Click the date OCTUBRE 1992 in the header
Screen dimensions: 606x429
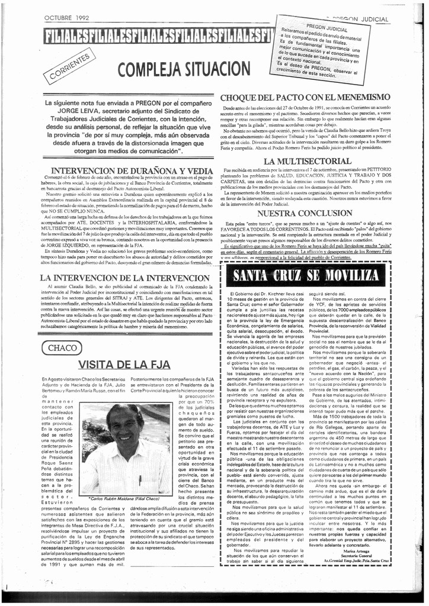coord(66,18)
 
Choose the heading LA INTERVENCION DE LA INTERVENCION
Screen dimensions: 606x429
coord(124,277)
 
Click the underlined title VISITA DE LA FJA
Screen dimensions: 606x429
coord(124,363)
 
